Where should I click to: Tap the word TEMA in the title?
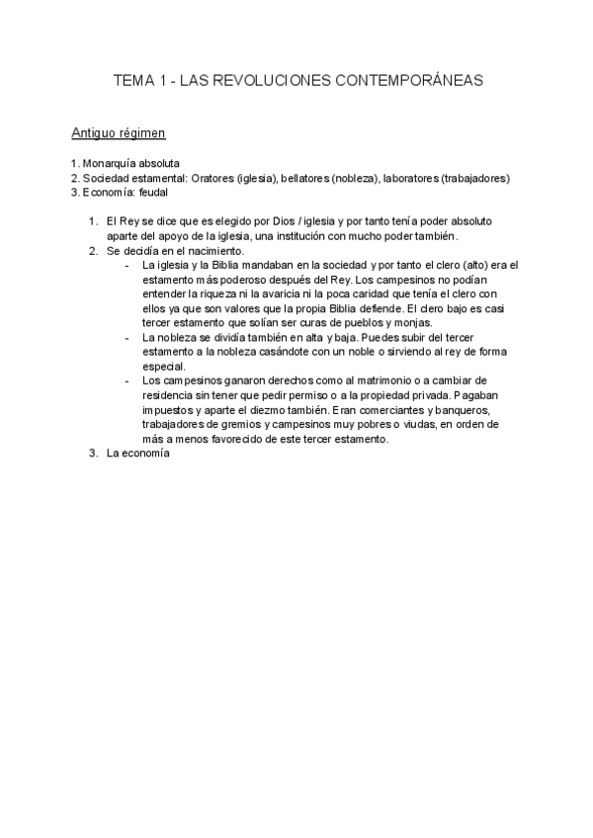pos(134,81)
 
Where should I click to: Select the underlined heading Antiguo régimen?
pos(119,131)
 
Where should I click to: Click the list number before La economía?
pos(93,455)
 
